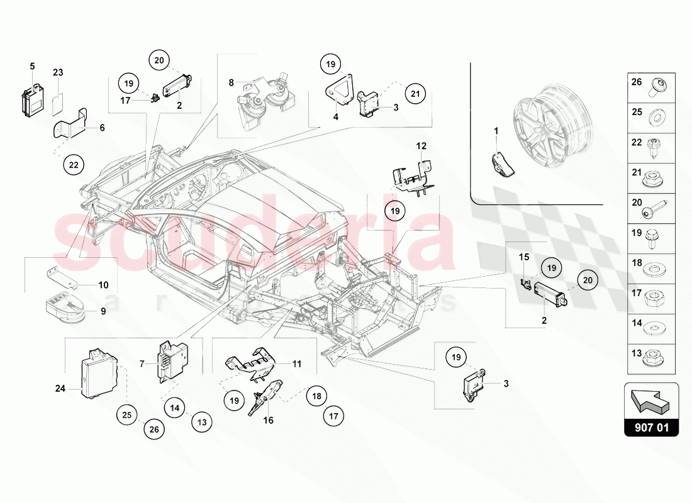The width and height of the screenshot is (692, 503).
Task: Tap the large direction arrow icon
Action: (x=652, y=401)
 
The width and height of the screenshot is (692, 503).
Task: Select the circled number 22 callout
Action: (x=74, y=165)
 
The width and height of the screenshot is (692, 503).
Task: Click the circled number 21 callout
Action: (x=415, y=94)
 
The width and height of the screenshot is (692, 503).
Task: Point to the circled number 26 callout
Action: (x=155, y=430)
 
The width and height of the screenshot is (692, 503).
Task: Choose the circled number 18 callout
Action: (x=317, y=396)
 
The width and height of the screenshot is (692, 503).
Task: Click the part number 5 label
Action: (x=32, y=66)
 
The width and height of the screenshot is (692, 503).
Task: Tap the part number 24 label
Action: (x=60, y=388)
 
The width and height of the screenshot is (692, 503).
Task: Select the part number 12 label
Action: (x=421, y=146)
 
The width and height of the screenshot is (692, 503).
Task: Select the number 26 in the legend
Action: (x=637, y=82)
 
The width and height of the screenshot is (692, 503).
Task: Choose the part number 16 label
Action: (x=268, y=420)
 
